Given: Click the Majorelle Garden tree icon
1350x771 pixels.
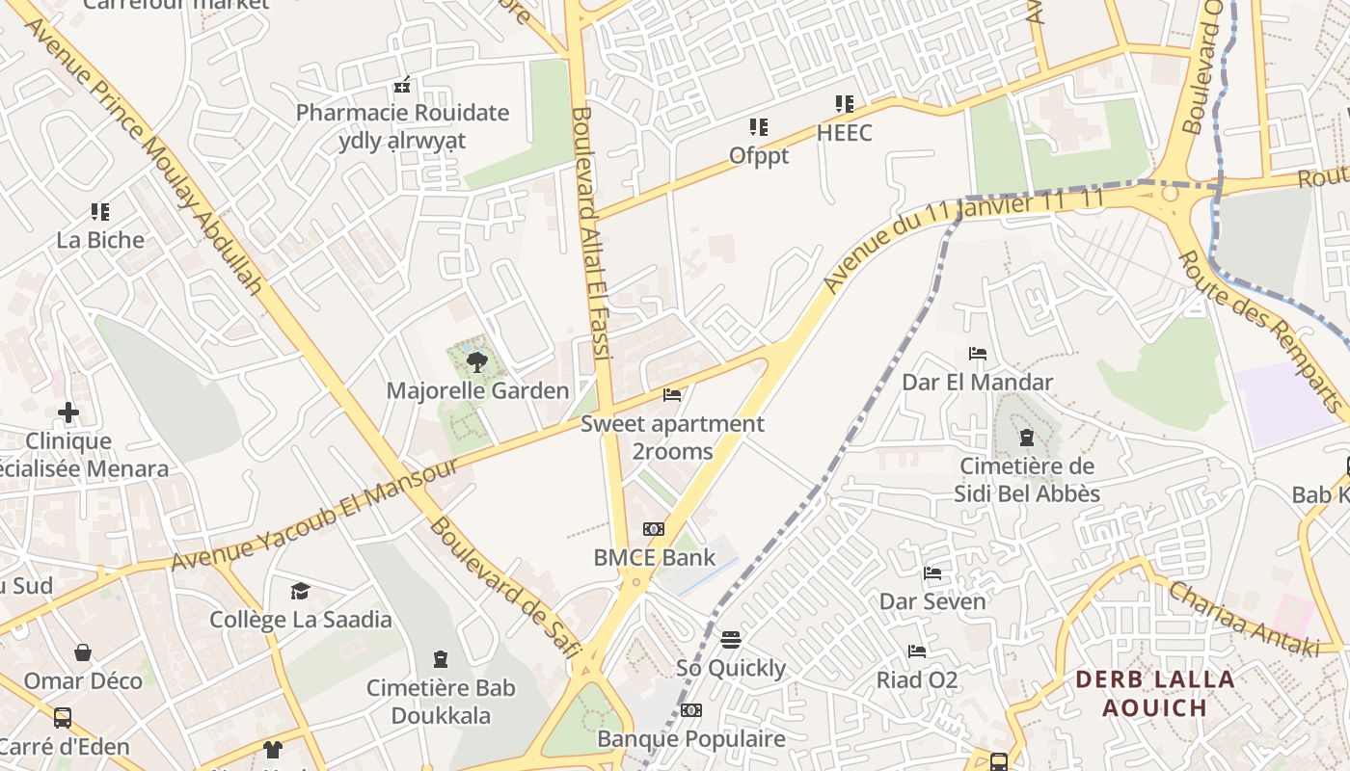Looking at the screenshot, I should pos(476,363).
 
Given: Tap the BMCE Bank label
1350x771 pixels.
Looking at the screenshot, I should pos(654,557).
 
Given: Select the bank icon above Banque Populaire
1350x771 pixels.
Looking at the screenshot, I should pos(690,711).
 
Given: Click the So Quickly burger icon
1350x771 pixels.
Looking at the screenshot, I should pos(731,640).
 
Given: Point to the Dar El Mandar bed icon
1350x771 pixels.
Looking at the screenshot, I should pos(977,354).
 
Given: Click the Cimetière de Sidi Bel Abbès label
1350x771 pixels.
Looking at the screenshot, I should pos(1026,480).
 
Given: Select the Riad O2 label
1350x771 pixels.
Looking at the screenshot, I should pos(916,680).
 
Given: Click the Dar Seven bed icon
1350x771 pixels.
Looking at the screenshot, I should pos(932,573).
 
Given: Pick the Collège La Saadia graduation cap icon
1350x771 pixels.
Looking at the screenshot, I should pos(301,591).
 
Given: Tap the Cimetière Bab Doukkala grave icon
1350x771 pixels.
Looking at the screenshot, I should pos(441,660).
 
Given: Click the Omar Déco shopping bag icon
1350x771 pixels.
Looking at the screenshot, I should pos(83,652).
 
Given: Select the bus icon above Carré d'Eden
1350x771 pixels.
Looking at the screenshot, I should pos(63,718).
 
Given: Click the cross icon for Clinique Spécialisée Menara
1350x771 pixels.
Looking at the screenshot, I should pos(68,413).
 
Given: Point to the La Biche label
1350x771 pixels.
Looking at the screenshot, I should pos(100,240).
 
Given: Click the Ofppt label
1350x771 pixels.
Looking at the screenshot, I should pos(759,155).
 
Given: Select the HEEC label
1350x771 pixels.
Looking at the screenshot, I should pos(844,132).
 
